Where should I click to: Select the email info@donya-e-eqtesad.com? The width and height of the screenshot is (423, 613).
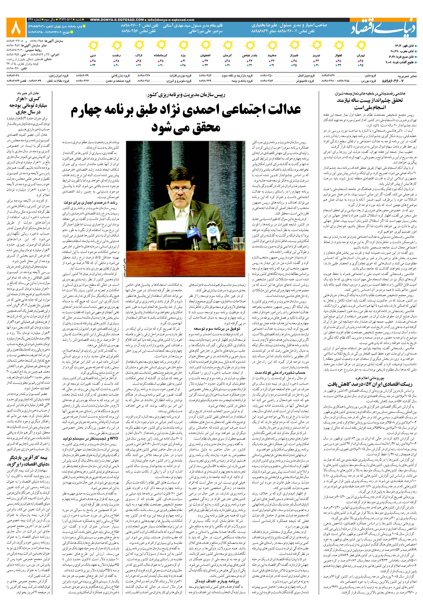[171, 20]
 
